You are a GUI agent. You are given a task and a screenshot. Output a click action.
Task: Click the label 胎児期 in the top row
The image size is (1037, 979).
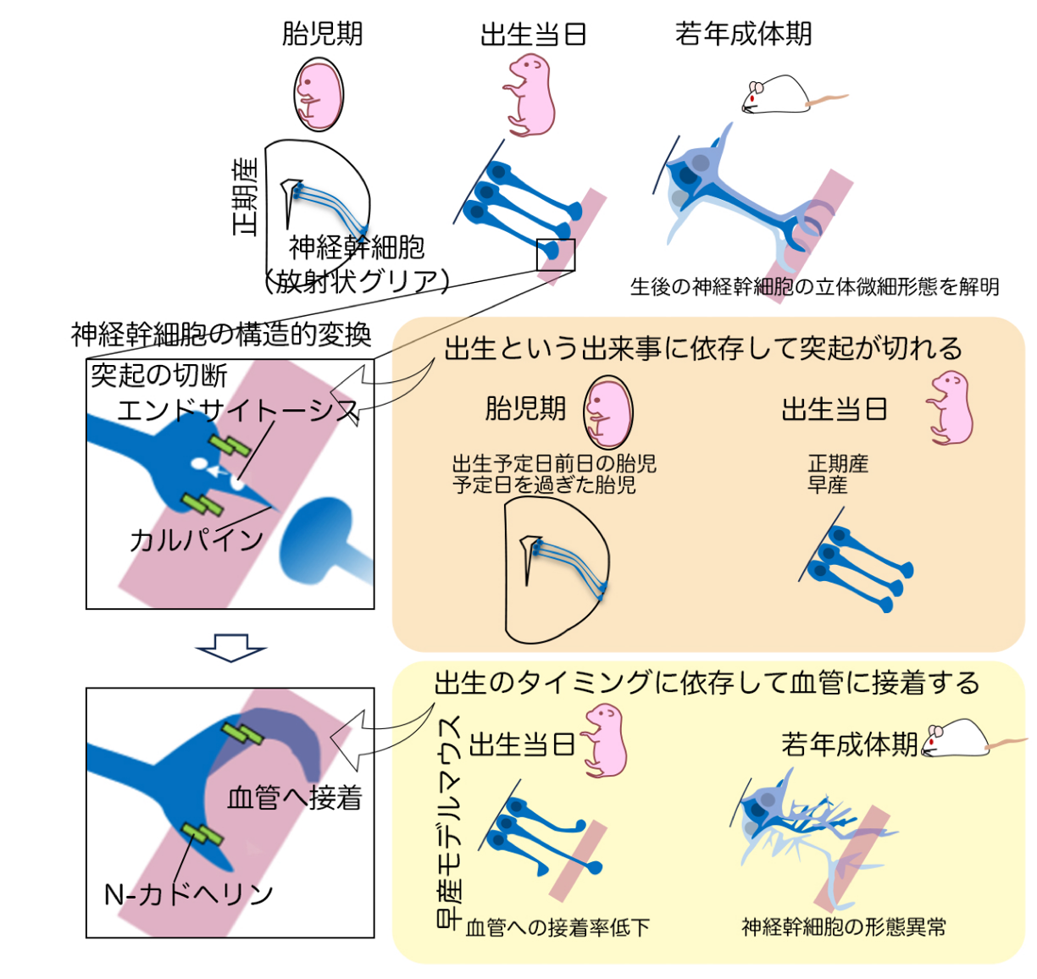click(322, 34)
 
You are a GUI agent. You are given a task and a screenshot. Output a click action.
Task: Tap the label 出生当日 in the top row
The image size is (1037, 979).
click(533, 35)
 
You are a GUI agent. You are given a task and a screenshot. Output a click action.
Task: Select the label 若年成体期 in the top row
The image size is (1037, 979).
click(743, 34)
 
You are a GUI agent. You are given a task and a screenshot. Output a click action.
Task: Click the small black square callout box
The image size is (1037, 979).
click(555, 255)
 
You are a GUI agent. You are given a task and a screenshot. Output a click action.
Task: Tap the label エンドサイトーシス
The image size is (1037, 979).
click(238, 411)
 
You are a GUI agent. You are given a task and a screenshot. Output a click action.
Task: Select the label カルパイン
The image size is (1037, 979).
click(197, 539)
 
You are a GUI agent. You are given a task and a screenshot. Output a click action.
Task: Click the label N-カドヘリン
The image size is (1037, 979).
click(188, 894)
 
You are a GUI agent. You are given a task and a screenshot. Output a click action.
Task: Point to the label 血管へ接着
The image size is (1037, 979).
click(295, 797)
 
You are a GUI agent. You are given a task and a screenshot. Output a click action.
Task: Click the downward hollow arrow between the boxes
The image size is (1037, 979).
click(230, 647)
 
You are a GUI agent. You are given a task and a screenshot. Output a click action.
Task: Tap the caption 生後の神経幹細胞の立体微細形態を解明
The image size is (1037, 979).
click(814, 287)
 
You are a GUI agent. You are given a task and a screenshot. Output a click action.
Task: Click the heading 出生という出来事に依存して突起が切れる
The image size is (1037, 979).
click(703, 348)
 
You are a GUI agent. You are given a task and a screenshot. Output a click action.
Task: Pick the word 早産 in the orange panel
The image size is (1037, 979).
click(827, 485)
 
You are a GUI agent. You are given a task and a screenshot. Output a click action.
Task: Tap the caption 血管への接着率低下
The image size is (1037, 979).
click(557, 927)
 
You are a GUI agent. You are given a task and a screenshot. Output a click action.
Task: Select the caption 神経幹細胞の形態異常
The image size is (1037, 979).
click(844, 926)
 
